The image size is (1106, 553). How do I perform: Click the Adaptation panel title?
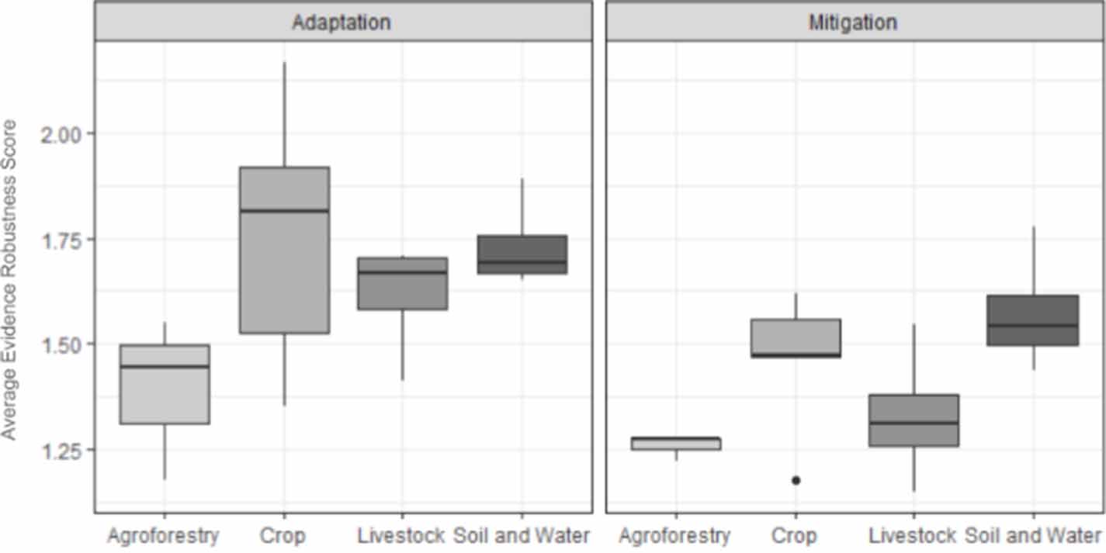tap(342, 22)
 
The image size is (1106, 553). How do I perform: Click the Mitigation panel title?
tap(852, 22)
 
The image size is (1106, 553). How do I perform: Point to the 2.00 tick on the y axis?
tap(61, 133)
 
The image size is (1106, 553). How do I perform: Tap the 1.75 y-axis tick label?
tap(61, 239)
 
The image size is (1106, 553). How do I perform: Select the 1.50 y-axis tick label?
tap(61, 344)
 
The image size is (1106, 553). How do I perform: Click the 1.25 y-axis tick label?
tap(61, 450)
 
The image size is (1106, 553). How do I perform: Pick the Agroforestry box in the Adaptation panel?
tap(164, 384)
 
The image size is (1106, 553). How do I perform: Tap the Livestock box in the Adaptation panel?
tap(402, 283)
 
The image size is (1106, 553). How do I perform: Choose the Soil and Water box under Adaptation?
tap(522, 254)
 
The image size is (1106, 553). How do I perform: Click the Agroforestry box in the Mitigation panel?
tap(675, 444)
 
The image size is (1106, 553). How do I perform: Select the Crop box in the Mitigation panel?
tap(796, 338)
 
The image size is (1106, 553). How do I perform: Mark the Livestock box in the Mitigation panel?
tap(914, 420)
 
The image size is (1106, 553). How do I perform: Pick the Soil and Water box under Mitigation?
tap(1033, 320)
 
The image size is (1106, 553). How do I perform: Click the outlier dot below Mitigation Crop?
tap(796, 480)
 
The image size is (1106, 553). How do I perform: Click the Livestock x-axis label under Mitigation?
tap(913, 536)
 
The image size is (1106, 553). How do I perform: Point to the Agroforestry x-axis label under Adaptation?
tap(164, 536)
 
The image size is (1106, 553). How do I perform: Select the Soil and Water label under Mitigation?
tap(1033, 536)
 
